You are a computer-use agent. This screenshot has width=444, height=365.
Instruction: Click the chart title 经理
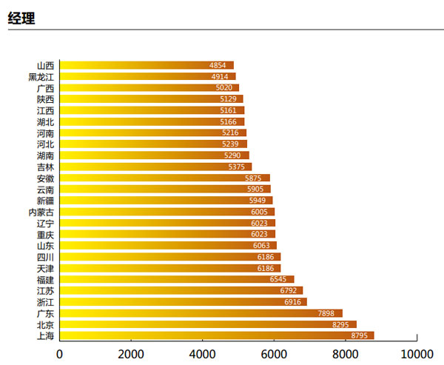click(x=21, y=19)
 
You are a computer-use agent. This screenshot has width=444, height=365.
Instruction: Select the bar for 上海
click(x=217, y=335)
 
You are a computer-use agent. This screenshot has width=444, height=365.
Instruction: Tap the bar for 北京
click(x=208, y=324)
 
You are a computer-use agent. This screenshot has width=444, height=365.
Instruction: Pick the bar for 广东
click(x=201, y=313)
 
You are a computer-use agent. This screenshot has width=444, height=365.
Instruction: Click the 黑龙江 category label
click(x=41, y=77)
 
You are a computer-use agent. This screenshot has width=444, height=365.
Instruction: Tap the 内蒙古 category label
click(x=41, y=212)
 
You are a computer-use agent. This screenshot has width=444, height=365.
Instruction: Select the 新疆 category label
click(x=44, y=201)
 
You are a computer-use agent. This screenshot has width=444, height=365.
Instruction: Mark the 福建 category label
click(x=44, y=280)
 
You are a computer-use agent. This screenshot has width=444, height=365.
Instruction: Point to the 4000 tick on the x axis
click(x=202, y=353)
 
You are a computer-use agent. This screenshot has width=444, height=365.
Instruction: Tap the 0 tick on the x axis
click(x=60, y=353)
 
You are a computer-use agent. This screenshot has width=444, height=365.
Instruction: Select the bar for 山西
click(x=147, y=65)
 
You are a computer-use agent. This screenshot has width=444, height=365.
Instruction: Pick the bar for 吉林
click(x=155, y=167)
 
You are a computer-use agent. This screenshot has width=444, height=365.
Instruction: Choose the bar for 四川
click(x=170, y=257)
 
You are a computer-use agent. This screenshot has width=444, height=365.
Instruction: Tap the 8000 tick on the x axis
click(x=346, y=353)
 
